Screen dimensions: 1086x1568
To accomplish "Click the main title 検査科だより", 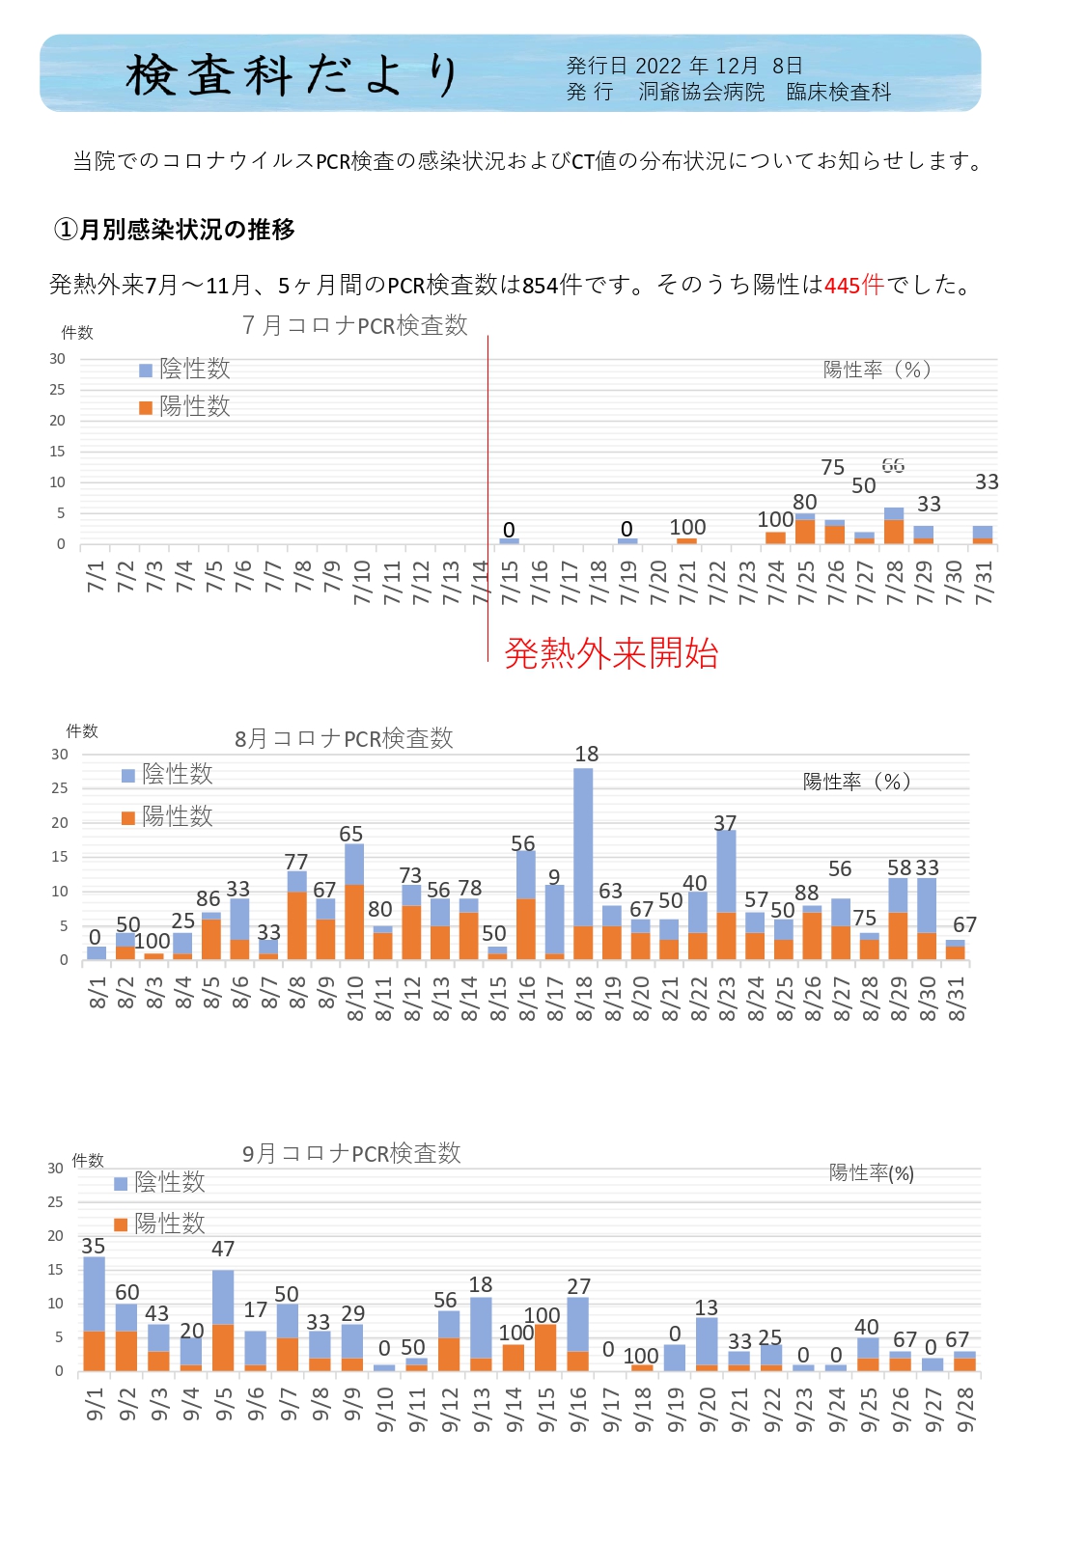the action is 292,75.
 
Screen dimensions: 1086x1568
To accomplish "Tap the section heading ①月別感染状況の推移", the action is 175,229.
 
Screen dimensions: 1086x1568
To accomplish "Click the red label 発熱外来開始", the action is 611,654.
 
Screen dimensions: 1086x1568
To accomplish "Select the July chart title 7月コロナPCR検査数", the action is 354,325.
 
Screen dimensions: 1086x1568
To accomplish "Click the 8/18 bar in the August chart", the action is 582,864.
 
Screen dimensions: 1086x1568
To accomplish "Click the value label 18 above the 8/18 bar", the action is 587,754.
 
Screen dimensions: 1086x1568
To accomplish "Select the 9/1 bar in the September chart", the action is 94,1314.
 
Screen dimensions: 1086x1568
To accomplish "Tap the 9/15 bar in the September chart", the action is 545,1347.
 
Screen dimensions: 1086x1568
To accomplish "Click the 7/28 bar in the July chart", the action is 894,526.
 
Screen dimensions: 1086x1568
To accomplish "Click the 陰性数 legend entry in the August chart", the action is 167,774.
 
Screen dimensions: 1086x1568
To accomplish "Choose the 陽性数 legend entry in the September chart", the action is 159,1224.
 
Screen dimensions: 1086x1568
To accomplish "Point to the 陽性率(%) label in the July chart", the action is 877,370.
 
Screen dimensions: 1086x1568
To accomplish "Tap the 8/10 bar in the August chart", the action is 354,901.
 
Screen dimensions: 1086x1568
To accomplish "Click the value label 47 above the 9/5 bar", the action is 223,1249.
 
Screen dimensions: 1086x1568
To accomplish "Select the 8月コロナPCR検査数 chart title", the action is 344,738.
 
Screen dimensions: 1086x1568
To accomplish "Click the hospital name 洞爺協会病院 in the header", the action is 701,93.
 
